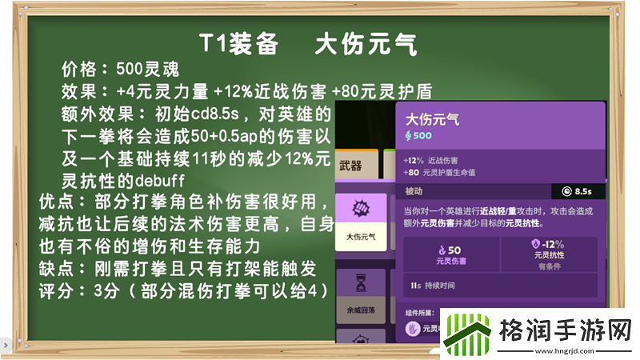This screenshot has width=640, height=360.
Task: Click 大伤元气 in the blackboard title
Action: (366, 44)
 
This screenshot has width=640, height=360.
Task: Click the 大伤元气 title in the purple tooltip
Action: (433, 120)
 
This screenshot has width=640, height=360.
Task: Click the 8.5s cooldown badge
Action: (578, 191)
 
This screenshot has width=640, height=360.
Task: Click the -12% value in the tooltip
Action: (553, 244)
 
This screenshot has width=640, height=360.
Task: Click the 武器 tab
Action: (350, 166)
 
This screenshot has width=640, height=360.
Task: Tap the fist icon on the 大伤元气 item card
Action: (358, 211)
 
